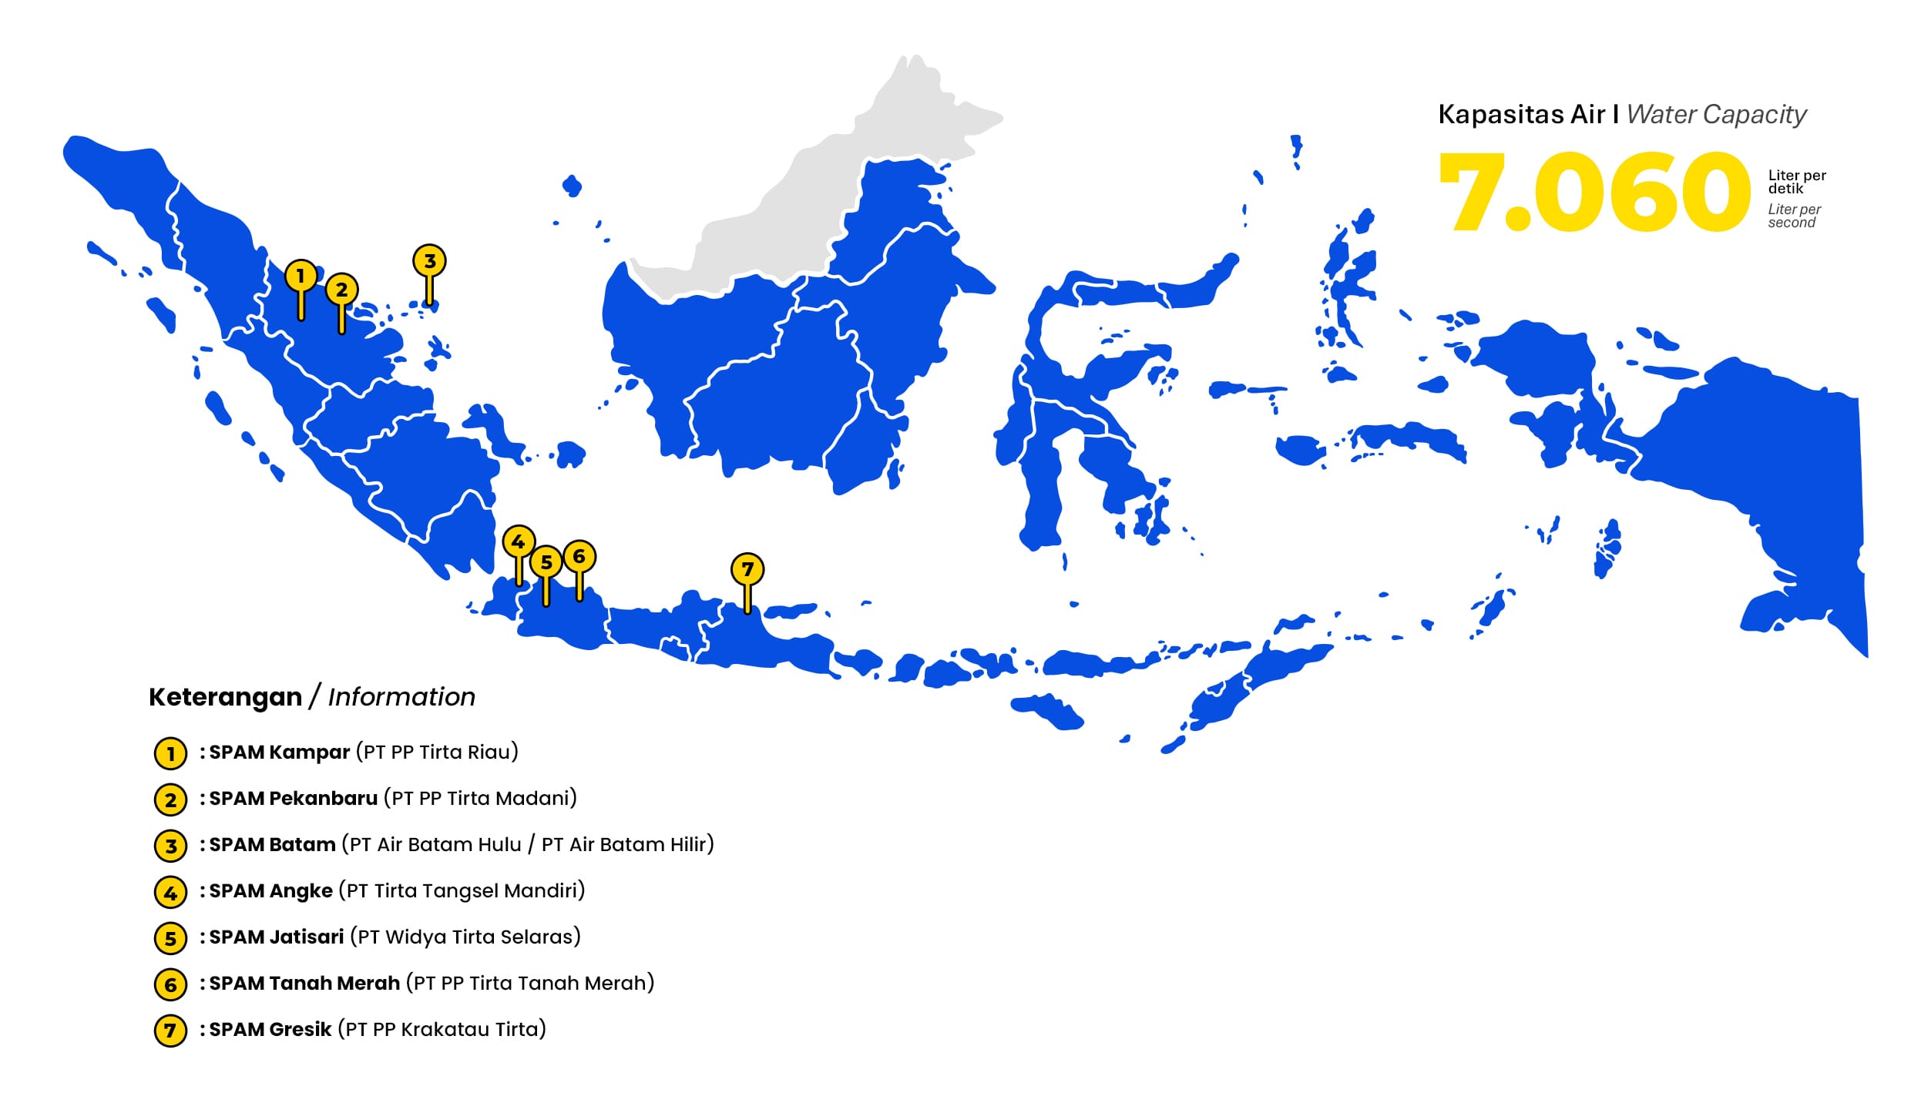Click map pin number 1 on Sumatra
point(301,276)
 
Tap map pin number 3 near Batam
point(429,261)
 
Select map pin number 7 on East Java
point(747,570)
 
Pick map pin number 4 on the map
point(519,542)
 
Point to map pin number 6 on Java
point(579,557)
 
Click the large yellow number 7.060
point(1594,192)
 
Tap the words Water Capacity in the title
point(1716,115)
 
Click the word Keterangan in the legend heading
point(225,697)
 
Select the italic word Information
point(401,697)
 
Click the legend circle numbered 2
point(170,800)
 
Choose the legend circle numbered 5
point(170,938)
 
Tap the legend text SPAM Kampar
point(279,753)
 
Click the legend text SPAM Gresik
point(270,1030)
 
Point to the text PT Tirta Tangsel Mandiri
point(462,891)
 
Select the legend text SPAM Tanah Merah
point(304,984)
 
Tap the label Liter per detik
point(1796,182)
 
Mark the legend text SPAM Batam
point(272,845)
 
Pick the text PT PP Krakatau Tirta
point(442,1030)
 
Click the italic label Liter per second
point(1794,216)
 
